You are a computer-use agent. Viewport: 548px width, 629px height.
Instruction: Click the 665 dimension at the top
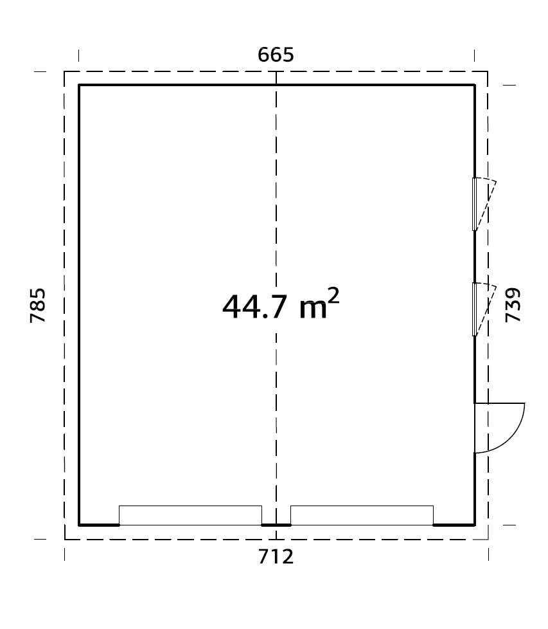tap(276, 55)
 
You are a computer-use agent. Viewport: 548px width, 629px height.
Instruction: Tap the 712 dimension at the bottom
tap(276, 556)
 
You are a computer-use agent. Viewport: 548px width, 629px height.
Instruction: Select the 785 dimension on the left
tap(38, 305)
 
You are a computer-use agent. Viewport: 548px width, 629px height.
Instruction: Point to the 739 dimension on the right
tap(513, 305)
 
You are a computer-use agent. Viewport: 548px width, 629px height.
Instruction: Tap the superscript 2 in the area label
tap(333, 295)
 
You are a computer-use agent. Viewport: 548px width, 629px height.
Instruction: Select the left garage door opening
tap(190, 515)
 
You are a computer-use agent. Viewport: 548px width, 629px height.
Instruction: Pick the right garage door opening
tap(362, 515)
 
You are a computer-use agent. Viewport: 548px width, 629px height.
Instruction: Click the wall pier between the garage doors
tap(276, 525)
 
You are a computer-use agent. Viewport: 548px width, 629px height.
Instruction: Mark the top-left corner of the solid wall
tap(79, 85)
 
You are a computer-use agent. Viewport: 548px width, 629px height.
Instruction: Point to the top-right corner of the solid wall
tap(475, 85)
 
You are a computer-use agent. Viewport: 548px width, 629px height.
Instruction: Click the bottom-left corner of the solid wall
tap(79, 525)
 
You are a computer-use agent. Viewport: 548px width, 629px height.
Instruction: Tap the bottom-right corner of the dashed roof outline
tap(488, 539)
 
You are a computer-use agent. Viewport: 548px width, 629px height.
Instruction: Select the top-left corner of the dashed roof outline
tap(64, 71)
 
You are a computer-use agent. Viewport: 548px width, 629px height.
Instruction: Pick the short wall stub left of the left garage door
tap(99, 525)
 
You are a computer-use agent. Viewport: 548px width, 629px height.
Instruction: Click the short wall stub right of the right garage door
tap(454, 525)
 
